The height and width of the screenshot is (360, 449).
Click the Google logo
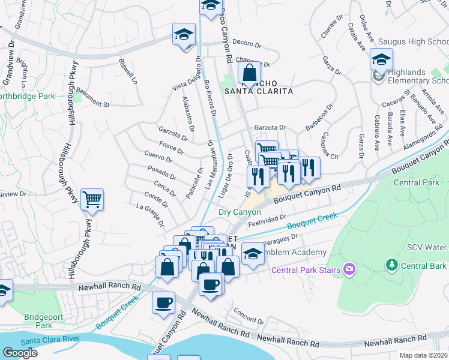[20, 353]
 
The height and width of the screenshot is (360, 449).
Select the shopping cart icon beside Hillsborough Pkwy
[92, 200]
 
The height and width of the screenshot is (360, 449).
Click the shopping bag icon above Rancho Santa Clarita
[249, 74]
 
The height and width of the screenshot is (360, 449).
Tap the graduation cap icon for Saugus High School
[381, 59]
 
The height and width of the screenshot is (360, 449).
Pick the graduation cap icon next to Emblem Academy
[253, 253]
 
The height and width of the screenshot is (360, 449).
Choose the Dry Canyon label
[240, 212]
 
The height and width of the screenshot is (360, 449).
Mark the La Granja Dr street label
[151, 215]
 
